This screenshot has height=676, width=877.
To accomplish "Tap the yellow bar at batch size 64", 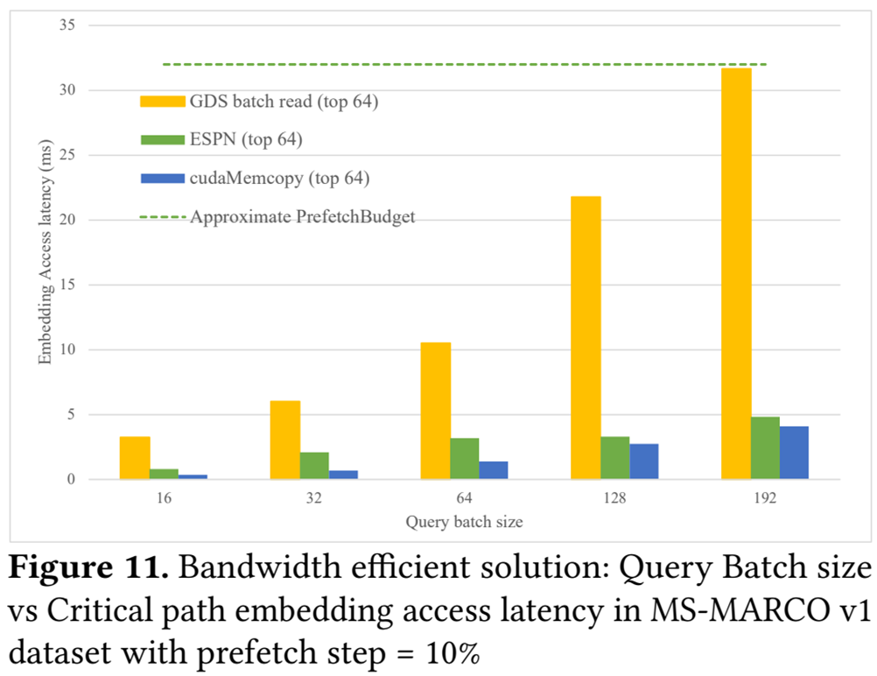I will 435,411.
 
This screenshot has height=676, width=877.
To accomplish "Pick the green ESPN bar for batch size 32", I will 314,466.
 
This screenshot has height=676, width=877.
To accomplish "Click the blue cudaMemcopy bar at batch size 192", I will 794,453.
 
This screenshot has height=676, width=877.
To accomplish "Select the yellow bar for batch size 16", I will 135,457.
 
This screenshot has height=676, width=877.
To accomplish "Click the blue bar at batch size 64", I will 493,470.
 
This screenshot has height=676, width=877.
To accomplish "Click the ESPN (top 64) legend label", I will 246,139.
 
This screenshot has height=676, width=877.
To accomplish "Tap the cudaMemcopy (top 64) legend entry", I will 279,178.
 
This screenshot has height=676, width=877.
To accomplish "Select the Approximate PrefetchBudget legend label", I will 302,216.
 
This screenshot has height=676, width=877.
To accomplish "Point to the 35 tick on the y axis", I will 67,25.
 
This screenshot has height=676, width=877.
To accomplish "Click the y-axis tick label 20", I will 67,220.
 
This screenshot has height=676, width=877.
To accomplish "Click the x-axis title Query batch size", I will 464,523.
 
